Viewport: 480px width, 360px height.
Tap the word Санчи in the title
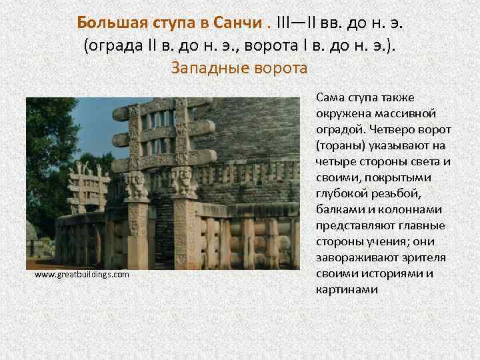pyautogui.click(x=239, y=23)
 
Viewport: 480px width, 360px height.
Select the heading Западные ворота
pyautogui.click(x=239, y=67)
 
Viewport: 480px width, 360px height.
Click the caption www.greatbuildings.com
pyautogui.click(x=81, y=274)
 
